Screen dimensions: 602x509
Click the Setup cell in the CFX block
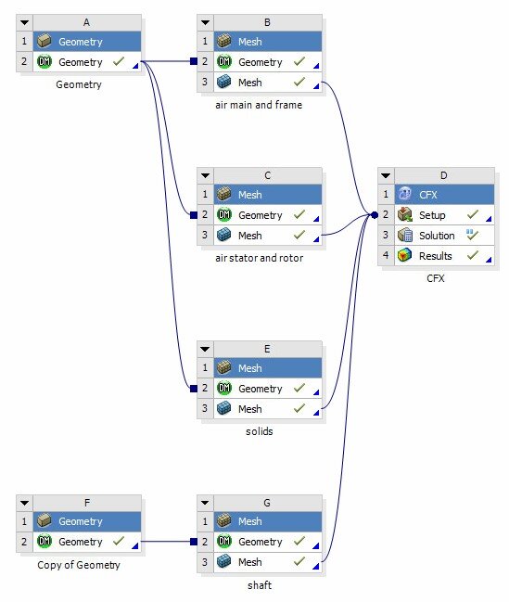pyautogui.click(x=432, y=215)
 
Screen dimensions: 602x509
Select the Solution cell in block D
pyautogui.click(x=437, y=236)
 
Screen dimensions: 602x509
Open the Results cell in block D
pyautogui.click(x=435, y=256)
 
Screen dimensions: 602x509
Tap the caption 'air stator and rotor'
pyautogui.click(x=259, y=258)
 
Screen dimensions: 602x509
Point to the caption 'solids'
pyautogui.click(x=259, y=431)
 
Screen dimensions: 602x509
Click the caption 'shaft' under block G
pyautogui.click(x=259, y=584)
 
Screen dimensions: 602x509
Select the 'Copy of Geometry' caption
pyautogui.click(x=79, y=564)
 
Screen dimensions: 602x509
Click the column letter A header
pyautogui.click(x=86, y=21)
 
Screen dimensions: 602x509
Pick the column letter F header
pyautogui.click(x=86, y=502)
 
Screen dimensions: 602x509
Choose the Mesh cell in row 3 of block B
pyautogui.click(x=249, y=83)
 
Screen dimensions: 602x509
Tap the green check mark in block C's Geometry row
pyautogui.click(x=299, y=215)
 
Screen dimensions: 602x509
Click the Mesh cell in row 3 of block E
pyautogui.click(x=249, y=409)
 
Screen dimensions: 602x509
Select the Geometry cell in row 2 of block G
pyautogui.click(x=260, y=542)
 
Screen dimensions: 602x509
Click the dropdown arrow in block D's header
pyautogui.click(x=387, y=175)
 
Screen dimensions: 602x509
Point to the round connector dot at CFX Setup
pyautogui.click(x=375, y=215)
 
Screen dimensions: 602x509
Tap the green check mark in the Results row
pyautogui.click(x=473, y=256)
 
